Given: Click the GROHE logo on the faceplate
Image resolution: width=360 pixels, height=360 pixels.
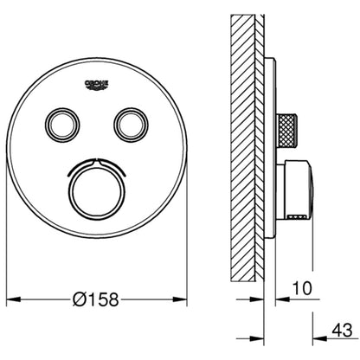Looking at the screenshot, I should pyautogui.click(x=97, y=82).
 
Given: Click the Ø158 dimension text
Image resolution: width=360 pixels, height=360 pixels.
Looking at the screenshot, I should pyautogui.click(x=96, y=299).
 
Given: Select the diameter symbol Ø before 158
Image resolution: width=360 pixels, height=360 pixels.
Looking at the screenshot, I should pyautogui.click(x=76, y=299).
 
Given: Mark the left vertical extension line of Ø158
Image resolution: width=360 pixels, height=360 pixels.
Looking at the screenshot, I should pyautogui.click(x=8, y=260).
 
